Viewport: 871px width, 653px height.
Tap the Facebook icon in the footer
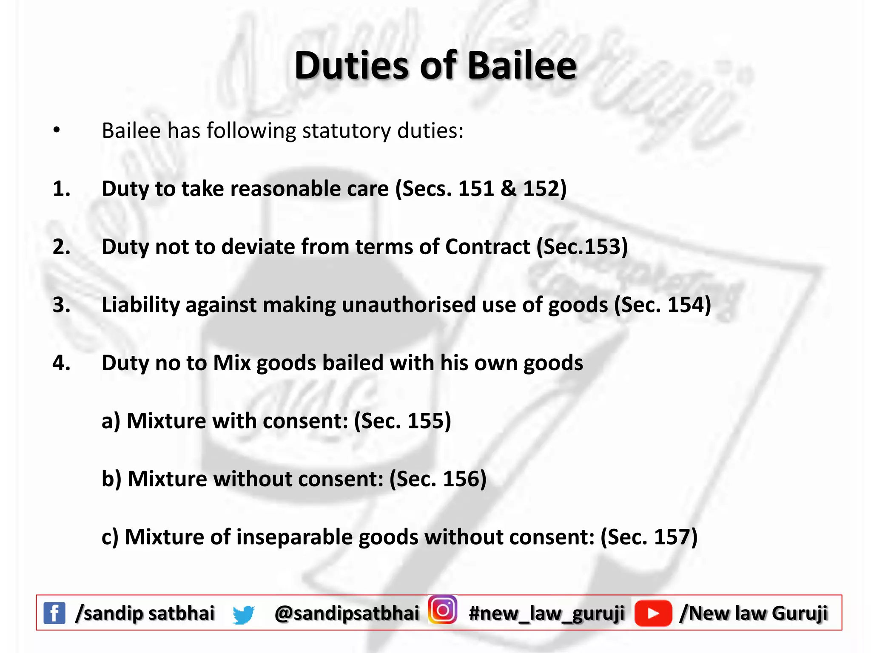pos(54,613)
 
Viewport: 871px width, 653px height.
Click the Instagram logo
pos(443,610)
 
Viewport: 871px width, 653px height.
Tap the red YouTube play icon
pos(653,613)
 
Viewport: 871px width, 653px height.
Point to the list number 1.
pos(61,188)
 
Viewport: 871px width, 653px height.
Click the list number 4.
pos(61,363)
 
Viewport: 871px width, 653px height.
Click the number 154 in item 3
pos(685,305)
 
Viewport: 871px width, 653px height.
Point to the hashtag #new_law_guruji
pos(547,613)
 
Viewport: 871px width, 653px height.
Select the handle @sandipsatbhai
pos(347,613)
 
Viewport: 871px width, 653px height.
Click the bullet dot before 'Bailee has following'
pos(57,131)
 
